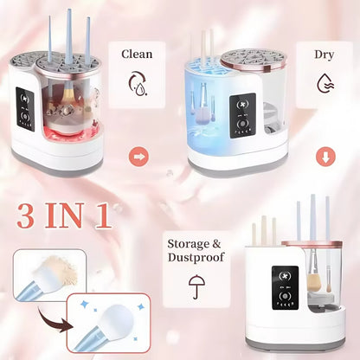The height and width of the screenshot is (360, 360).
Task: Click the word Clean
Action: (x=137, y=54)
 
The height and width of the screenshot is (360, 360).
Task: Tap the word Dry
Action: (x=325, y=54)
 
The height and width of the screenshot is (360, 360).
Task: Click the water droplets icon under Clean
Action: (x=137, y=84)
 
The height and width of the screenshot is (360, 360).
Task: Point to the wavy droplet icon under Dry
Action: (x=325, y=84)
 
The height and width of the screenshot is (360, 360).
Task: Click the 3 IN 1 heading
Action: (x=64, y=215)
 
